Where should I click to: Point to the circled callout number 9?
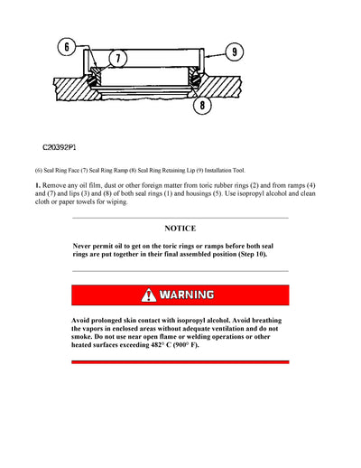click(x=235, y=51)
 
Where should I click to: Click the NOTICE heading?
click(x=180, y=229)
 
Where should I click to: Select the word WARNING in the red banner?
click(x=188, y=295)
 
